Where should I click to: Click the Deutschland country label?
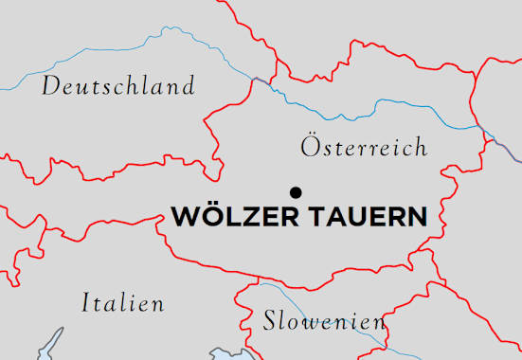[118, 86]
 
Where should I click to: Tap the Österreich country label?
[364, 147]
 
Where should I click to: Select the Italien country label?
[122, 303]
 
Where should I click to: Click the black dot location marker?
[297, 191]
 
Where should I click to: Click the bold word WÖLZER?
[236, 216]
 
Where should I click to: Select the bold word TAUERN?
[368, 216]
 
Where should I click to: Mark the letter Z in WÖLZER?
[248, 216]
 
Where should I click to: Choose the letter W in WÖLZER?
[183, 216]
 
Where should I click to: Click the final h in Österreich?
[421, 147]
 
